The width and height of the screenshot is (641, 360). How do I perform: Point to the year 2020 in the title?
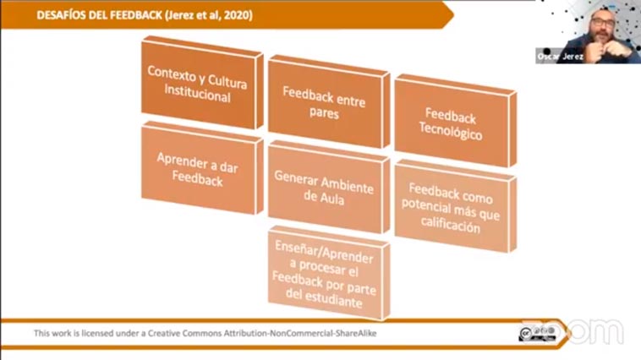click(238, 15)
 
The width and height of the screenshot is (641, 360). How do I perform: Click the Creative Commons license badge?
click(538, 334)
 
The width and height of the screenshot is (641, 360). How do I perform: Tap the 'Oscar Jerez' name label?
click(560, 57)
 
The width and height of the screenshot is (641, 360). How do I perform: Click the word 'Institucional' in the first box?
click(197, 95)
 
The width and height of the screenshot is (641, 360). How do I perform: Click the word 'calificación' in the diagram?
click(451, 225)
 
